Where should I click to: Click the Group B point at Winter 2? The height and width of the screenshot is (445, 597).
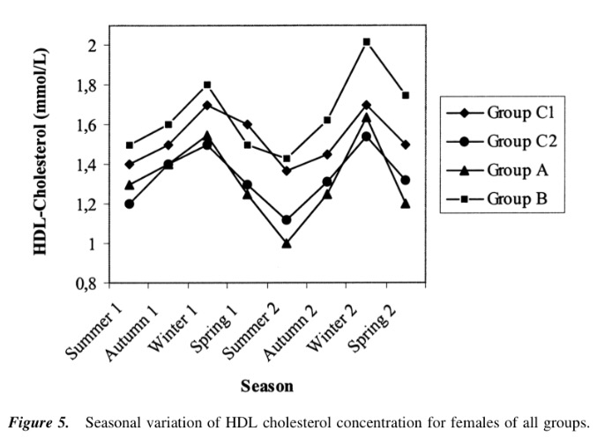366,41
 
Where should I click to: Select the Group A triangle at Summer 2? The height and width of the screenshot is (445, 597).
287,243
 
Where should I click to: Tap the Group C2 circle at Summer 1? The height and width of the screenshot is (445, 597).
130,204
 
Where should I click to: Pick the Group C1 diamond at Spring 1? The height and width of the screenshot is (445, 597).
247,124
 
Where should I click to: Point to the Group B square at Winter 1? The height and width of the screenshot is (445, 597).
207,85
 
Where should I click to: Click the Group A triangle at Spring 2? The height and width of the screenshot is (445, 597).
406,204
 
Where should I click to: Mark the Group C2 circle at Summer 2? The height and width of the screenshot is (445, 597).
287,220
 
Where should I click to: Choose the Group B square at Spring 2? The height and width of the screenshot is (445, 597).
406,95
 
